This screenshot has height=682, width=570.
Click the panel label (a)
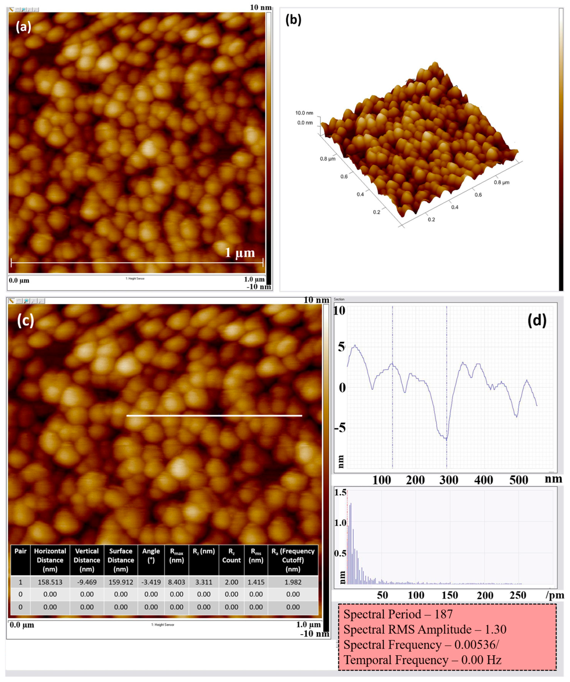click(x=23, y=27)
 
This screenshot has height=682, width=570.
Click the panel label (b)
click(x=293, y=20)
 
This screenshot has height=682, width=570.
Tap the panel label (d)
click(x=537, y=321)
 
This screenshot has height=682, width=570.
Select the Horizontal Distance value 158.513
click(x=50, y=582)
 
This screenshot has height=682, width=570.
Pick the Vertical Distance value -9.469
click(x=87, y=582)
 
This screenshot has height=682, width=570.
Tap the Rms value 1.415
click(x=256, y=582)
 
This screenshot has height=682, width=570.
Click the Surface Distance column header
click(x=121, y=560)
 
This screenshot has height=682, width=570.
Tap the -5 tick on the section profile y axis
click(x=341, y=428)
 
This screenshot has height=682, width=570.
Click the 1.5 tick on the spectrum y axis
click(x=340, y=493)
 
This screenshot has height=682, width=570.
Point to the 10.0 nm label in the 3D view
click(x=304, y=113)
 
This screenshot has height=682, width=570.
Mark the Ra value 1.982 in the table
click(x=293, y=582)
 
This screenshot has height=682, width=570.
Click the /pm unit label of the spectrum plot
click(x=555, y=595)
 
